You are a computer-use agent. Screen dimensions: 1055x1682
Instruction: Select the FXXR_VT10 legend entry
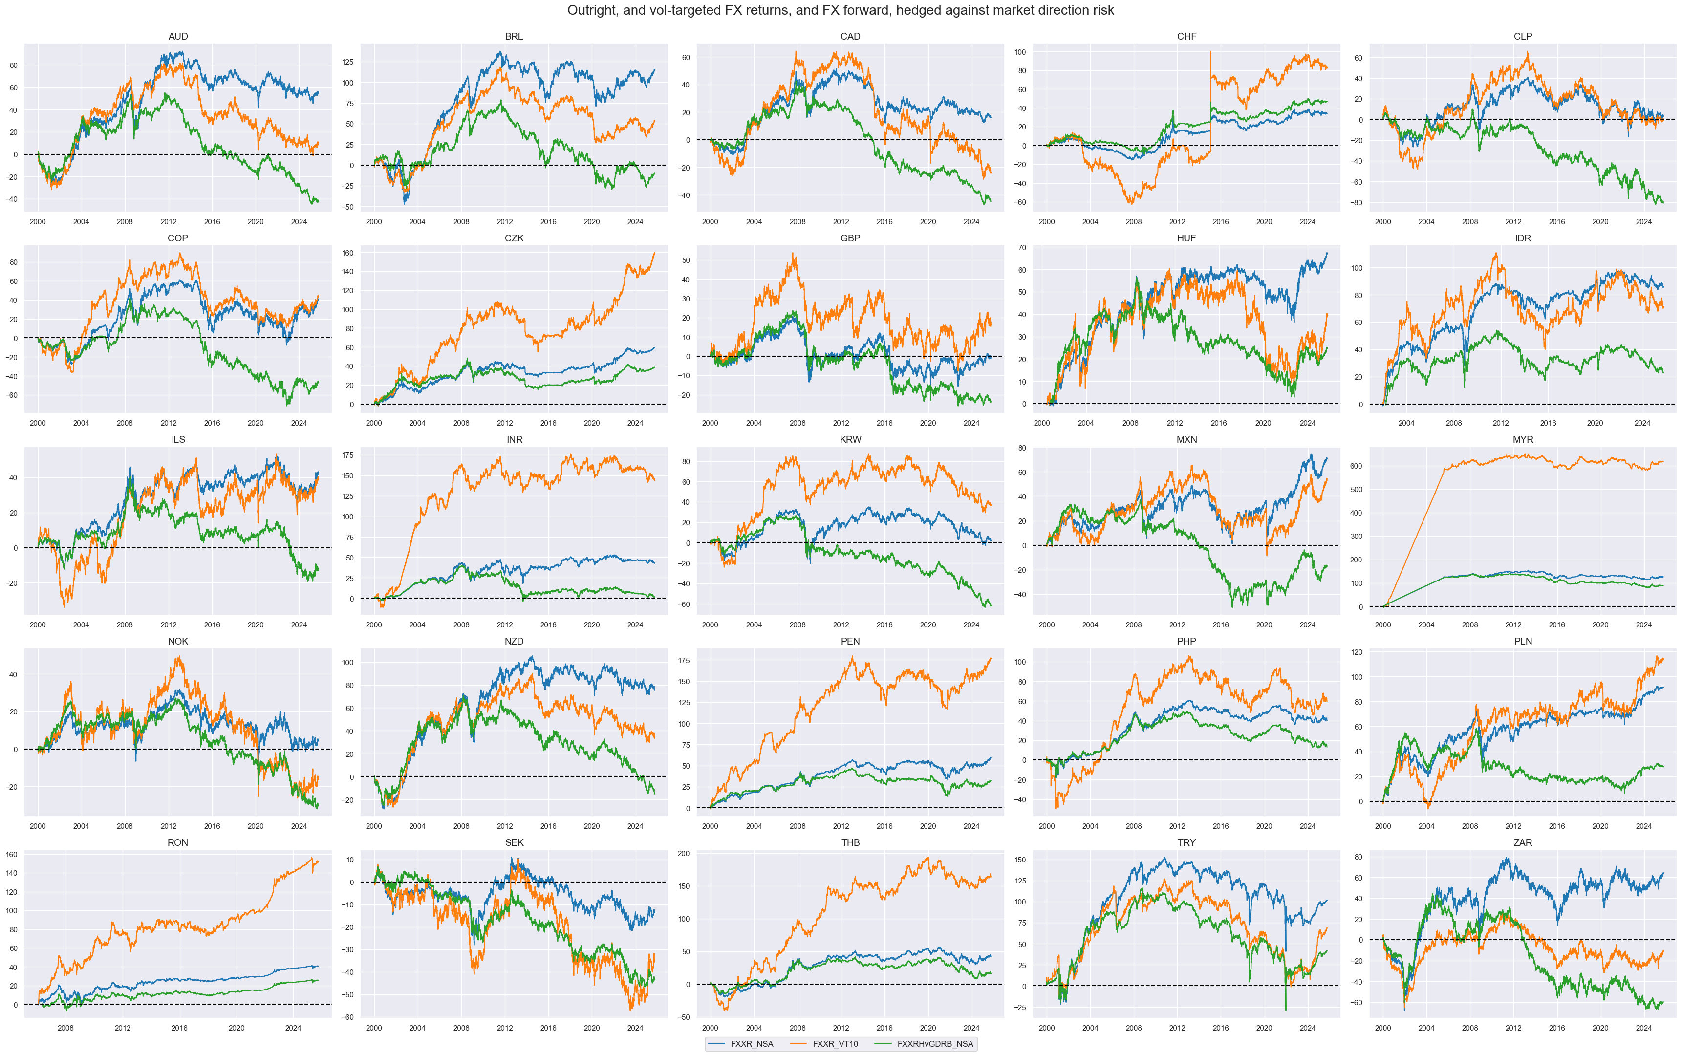point(835,1044)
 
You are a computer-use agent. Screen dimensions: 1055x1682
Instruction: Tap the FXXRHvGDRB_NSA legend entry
point(934,1044)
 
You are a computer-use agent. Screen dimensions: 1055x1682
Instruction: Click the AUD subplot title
point(178,36)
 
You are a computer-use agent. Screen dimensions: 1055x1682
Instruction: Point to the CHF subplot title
point(1186,36)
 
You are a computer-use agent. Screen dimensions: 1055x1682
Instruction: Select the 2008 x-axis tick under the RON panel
point(65,1028)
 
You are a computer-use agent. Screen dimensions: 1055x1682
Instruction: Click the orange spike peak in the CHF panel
point(1210,52)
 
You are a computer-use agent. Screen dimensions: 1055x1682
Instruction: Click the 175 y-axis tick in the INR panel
point(347,455)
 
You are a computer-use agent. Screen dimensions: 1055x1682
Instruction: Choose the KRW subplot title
point(850,440)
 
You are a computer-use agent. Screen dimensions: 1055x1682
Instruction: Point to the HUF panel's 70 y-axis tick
point(1021,248)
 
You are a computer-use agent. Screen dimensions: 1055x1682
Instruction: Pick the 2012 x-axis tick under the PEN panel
point(841,826)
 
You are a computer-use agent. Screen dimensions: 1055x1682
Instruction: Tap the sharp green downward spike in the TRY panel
point(1286,1010)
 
